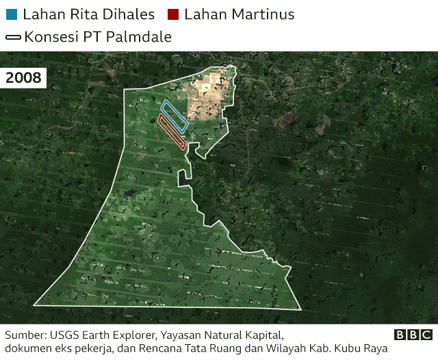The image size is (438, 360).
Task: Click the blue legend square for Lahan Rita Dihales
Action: click(x=11, y=14)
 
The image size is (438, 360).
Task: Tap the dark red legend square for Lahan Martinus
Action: click(x=173, y=14)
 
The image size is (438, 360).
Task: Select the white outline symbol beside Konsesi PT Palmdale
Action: click(x=13, y=37)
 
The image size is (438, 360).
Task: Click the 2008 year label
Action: click(x=24, y=78)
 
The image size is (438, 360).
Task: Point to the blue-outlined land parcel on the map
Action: click(x=175, y=116)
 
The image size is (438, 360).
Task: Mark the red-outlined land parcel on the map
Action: click(x=172, y=131)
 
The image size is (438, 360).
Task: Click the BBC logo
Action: click(x=413, y=335)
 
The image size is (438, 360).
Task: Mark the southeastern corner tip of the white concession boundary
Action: click(x=301, y=306)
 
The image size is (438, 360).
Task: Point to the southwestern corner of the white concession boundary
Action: click(x=34, y=305)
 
